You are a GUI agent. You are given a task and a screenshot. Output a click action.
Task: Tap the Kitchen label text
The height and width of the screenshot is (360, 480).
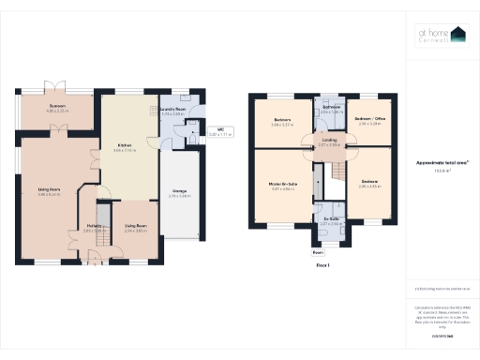coord(123,146)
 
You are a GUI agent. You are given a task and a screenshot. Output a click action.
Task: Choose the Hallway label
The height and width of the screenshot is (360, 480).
coord(94,225)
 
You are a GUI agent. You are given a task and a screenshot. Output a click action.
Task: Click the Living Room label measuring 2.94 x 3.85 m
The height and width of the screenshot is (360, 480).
coord(136,226)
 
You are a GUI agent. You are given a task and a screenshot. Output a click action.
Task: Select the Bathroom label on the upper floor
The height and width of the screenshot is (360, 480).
coord(331,108)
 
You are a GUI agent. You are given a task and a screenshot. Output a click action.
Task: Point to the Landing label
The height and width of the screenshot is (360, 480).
coord(329,142)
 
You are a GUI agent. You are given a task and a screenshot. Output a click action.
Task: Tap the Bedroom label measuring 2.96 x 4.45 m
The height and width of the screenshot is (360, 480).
coord(371,183)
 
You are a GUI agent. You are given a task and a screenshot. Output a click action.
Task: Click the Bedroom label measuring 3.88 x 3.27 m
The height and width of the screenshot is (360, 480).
coord(282,121)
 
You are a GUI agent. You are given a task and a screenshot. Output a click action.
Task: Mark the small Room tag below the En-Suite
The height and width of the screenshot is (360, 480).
coord(318,252)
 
